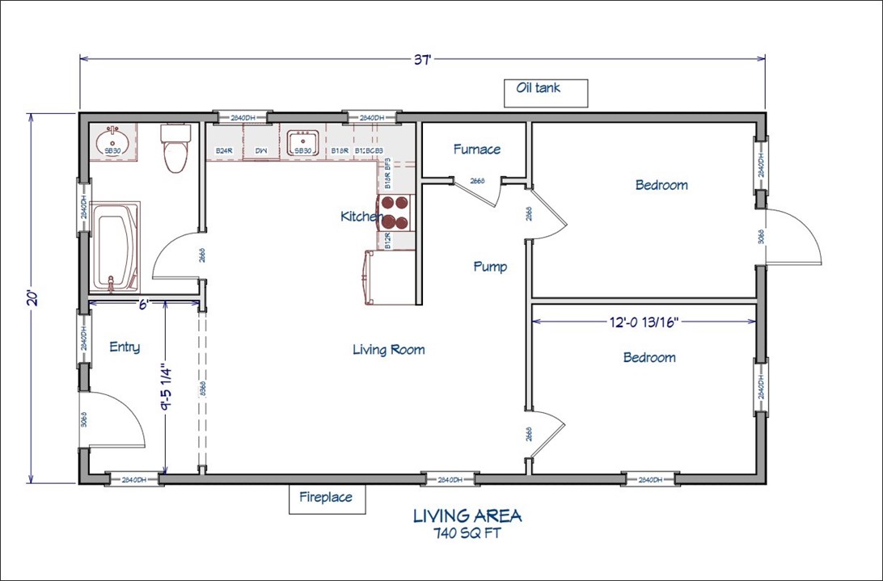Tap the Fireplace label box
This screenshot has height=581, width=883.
(x=326, y=498)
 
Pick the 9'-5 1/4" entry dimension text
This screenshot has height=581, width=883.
(x=167, y=387)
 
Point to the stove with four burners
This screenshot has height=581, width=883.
(x=396, y=212)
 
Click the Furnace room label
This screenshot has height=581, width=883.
(x=476, y=149)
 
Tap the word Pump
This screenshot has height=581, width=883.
(x=490, y=267)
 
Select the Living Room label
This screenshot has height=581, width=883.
(x=388, y=350)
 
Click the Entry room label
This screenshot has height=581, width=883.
(x=124, y=347)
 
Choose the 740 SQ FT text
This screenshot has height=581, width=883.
(x=467, y=533)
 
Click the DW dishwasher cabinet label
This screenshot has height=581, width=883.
(x=261, y=151)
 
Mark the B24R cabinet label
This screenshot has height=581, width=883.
(x=224, y=151)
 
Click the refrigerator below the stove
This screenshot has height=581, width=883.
(x=390, y=278)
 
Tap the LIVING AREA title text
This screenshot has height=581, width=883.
(x=467, y=516)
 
